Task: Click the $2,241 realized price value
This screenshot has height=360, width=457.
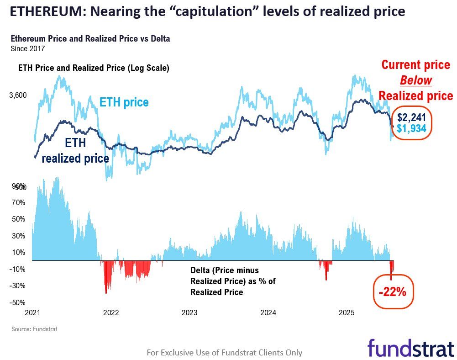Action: (411, 117)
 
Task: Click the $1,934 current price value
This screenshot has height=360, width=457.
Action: (411, 128)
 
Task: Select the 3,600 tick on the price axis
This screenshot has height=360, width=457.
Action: (18, 95)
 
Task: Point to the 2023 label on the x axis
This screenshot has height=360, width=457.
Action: (189, 313)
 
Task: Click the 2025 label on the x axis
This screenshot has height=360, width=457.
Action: (347, 313)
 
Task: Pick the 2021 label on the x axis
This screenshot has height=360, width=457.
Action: (32, 313)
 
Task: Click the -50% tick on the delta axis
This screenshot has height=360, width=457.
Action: (18, 302)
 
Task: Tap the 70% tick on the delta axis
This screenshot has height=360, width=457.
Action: (18, 202)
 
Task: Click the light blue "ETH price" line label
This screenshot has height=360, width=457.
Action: (124, 102)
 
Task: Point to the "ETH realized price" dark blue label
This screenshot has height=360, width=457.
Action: (75, 151)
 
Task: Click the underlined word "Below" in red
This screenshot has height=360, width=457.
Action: (415, 80)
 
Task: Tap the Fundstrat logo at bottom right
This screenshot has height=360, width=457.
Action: (410, 348)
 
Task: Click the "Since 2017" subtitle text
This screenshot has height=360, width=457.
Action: (27, 48)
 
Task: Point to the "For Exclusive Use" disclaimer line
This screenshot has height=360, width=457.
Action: (224, 352)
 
